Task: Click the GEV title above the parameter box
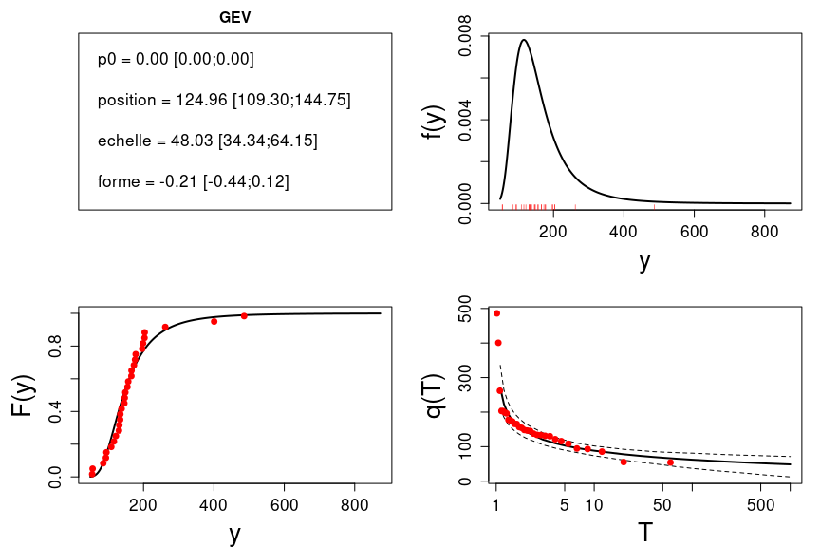(x=234, y=17)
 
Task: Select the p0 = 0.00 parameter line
(x=176, y=59)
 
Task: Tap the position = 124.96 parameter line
(x=224, y=100)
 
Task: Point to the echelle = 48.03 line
(x=207, y=141)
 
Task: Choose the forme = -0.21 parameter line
(x=193, y=180)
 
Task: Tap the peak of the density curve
(x=524, y=40)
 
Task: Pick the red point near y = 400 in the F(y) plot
(x=214, y=321)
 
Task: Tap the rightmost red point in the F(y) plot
(x=244, y=315)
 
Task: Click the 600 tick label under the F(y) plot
(x=285, y=504)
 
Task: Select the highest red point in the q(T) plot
(x=496, y=313)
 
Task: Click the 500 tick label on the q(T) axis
(x=466, y=311)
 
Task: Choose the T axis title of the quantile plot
(x=645, y=533)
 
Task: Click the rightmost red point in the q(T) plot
(x=670, y=462)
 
